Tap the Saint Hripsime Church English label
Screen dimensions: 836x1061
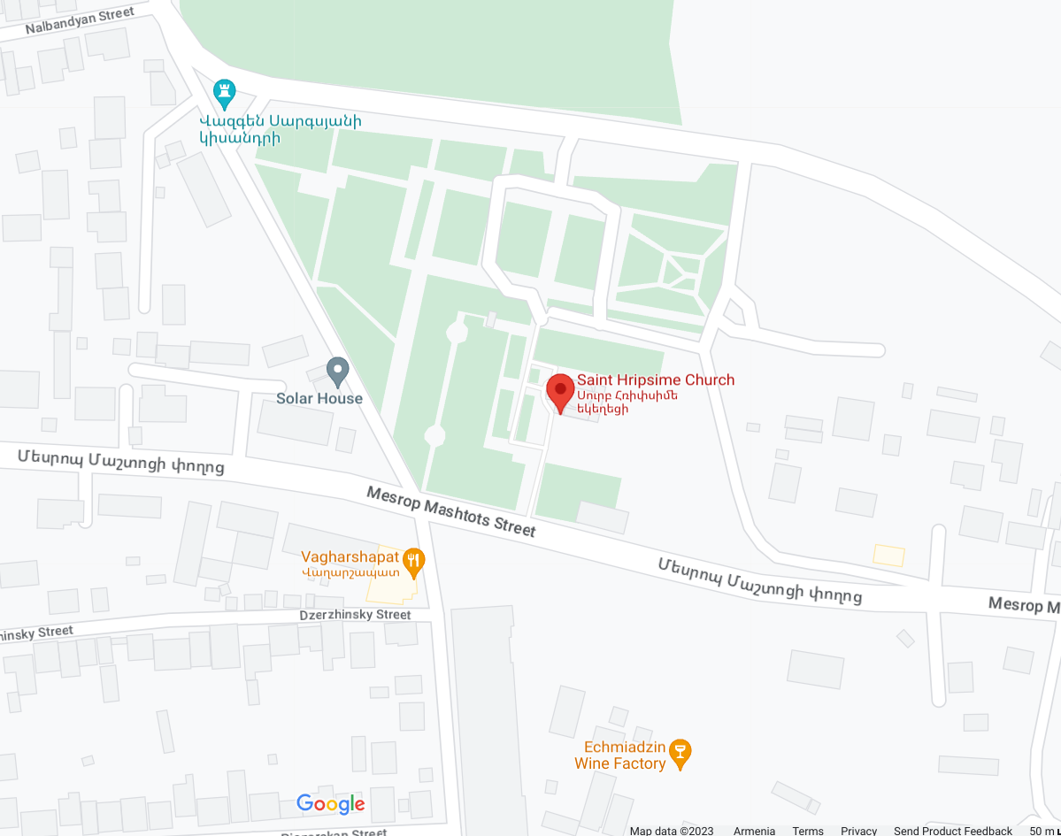656,380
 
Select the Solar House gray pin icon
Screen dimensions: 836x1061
337,371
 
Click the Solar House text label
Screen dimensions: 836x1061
319,398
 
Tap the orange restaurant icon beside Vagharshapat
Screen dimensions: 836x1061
413,559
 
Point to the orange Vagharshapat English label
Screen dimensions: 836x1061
350,557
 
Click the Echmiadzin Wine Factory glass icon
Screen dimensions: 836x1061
680,754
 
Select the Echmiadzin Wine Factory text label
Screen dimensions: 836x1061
619,755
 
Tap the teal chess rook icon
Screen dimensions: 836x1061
225,90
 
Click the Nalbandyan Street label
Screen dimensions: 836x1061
80,20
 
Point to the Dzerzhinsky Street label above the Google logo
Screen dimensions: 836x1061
355,615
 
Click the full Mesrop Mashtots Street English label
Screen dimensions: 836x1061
451,511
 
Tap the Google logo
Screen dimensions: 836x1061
330,803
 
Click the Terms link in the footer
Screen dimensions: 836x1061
808,831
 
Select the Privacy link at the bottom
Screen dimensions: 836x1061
858,831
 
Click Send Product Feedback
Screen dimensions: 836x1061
952,831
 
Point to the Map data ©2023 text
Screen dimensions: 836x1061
672,831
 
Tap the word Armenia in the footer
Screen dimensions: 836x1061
754,831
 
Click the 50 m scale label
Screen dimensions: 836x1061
1041,831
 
